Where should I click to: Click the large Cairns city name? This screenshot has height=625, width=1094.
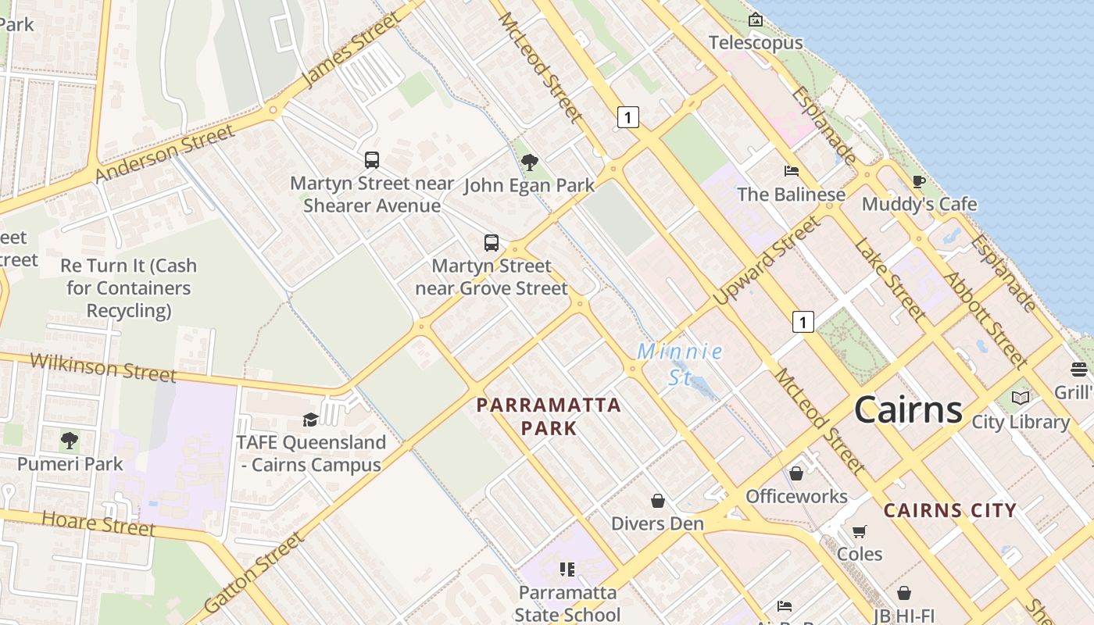click(907, 409)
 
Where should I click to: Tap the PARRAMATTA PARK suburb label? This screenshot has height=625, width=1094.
click(549, 416)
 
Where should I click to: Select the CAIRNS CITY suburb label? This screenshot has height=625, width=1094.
click(949, 511)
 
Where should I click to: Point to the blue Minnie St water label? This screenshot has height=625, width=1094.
click(680, 364)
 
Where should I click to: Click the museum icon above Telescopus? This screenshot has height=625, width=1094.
click(755, 20)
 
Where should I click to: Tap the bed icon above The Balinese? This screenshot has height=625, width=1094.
click(791, 171)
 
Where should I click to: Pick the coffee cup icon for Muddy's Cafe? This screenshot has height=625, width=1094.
click(919, 182)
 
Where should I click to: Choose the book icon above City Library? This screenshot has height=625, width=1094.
click(1020, 398)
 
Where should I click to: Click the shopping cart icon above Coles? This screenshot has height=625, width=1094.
click(860, 532)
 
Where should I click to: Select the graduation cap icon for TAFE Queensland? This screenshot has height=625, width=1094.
click(310, 420)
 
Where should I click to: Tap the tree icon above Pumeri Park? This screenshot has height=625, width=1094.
click(70, 441)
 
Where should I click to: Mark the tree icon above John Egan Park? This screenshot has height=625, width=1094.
click(529, 162)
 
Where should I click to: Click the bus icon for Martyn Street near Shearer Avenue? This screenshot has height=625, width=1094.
click(372, 160)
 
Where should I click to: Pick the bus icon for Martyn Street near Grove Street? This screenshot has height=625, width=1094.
click(491, 242)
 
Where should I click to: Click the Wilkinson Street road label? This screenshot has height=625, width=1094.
click(103, 367)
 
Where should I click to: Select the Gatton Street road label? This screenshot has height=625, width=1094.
click(253, 573)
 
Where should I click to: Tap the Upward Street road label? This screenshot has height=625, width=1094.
click(767, 259)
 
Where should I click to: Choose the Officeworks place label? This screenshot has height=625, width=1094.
click(796, 496)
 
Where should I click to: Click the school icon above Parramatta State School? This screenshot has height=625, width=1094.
click(567, 569)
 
